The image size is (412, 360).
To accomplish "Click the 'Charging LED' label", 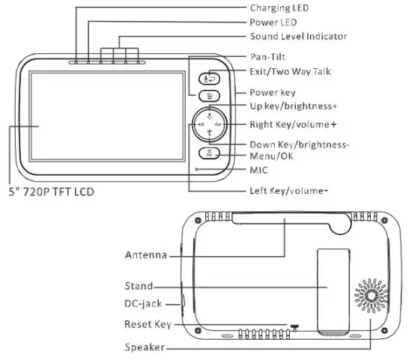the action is pyautogui.click(x=279, y=8).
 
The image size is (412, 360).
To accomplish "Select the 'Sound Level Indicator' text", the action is pyautogui.click(x=298, y=36).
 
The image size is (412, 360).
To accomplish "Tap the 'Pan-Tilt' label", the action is pyautogui.click(x=267, y=57).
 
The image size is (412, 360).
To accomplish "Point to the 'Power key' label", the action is pyautogui.click(x=273, y=92).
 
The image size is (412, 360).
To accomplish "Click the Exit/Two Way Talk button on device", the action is pyautogui.click(x=210, y=79).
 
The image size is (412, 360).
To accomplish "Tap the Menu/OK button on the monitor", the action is pyautogui.click(x=209, y=153).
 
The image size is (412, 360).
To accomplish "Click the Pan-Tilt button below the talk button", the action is pyautogui.click(x=210, y=96).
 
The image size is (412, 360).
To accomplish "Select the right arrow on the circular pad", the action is pyautogui.click(x=218, y=124).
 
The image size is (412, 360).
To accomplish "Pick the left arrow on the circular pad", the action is pyautogui.click(x=201, y=124).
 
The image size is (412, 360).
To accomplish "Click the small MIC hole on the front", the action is pyautogui.click(x=196, y=169).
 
